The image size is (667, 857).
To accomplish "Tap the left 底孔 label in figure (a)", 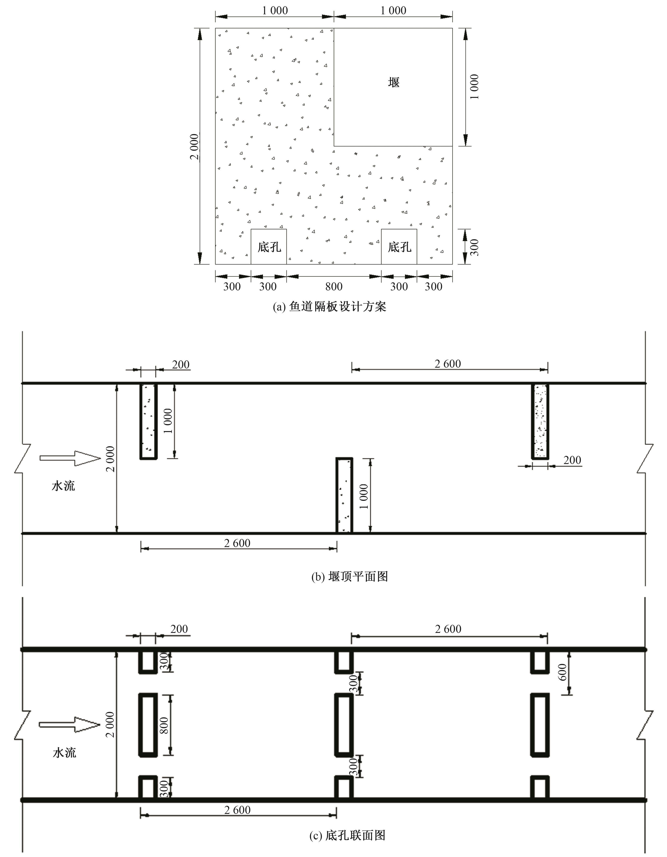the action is (x=269, y=247).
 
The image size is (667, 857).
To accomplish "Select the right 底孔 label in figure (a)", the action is (x=400, y=247).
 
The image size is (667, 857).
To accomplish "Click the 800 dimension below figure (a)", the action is (x=334, y=286).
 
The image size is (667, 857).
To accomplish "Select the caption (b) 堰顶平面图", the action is (x=349, y=576).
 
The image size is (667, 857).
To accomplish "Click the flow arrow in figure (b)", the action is (x=70, y=458).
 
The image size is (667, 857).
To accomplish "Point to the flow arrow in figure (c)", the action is (x=70, y=724).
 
